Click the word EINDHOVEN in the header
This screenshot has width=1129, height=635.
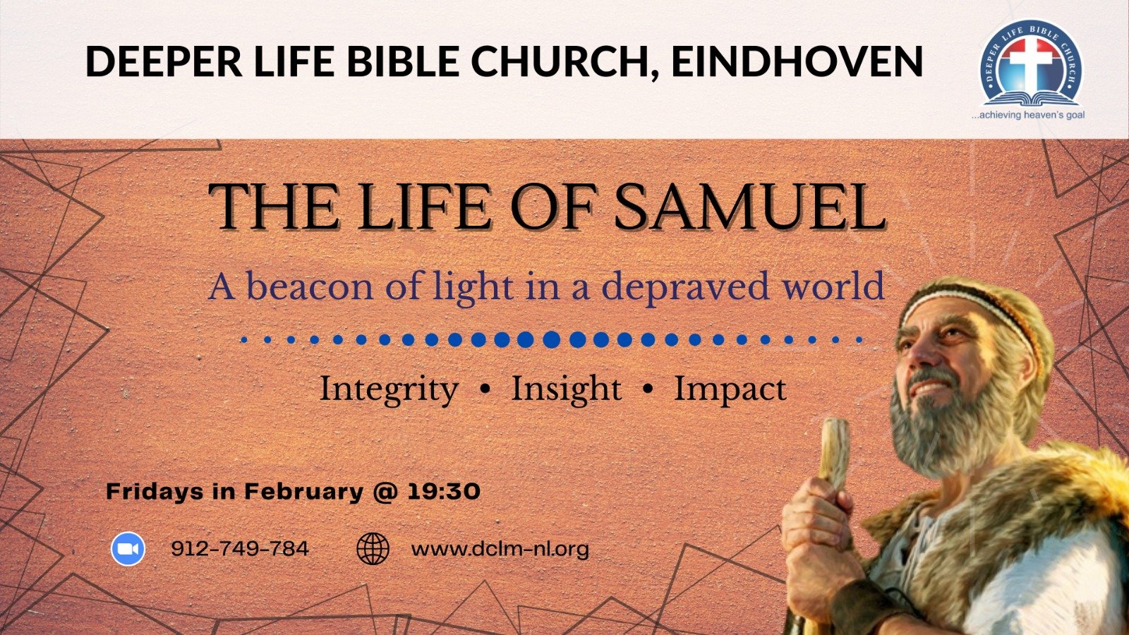[x=797, y=61]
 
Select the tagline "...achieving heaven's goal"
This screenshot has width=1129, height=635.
[x=1028, y=115]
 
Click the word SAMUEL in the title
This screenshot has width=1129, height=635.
[x=749, y=207]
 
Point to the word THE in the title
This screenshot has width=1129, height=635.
[x=273, y=207]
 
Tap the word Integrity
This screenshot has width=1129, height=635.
[x=389, y=389]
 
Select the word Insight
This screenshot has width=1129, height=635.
[x=567, y=389]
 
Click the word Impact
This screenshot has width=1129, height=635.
[x=730, y=389]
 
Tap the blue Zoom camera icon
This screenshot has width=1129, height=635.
[x=128, y=549]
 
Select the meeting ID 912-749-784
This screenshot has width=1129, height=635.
[x=240, y=548]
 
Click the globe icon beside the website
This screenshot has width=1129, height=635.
[x=373, y=549]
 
